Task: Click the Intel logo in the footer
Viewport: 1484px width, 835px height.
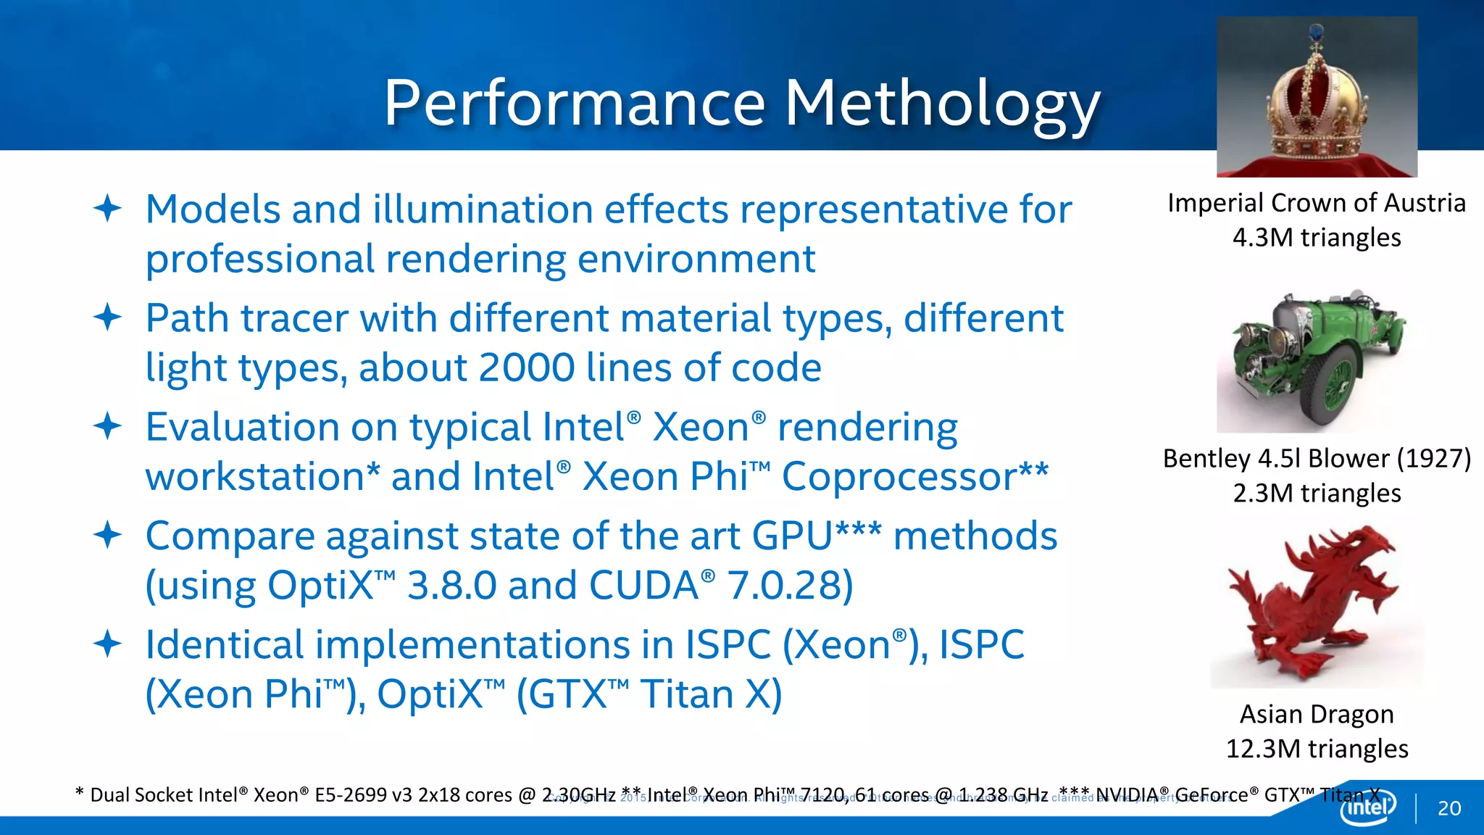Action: coord(1367,807)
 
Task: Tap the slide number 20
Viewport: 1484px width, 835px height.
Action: coord(1449,808)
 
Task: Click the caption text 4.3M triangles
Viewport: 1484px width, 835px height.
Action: coord(1317,238)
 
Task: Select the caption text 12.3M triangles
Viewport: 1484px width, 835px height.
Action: coord(1317,749)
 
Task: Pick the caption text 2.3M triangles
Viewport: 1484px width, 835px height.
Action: coord(1317,494)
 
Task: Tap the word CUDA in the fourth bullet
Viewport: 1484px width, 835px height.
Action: coord(643,586)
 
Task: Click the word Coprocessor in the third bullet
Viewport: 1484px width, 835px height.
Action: coord(899,477)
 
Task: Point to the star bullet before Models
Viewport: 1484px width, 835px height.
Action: coord(107,209)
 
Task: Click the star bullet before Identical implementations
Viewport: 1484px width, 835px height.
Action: coord(107,644)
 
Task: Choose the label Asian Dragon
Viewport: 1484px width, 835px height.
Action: coord(1317,714)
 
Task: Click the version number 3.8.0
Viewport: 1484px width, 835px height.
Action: coord(451,586)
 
